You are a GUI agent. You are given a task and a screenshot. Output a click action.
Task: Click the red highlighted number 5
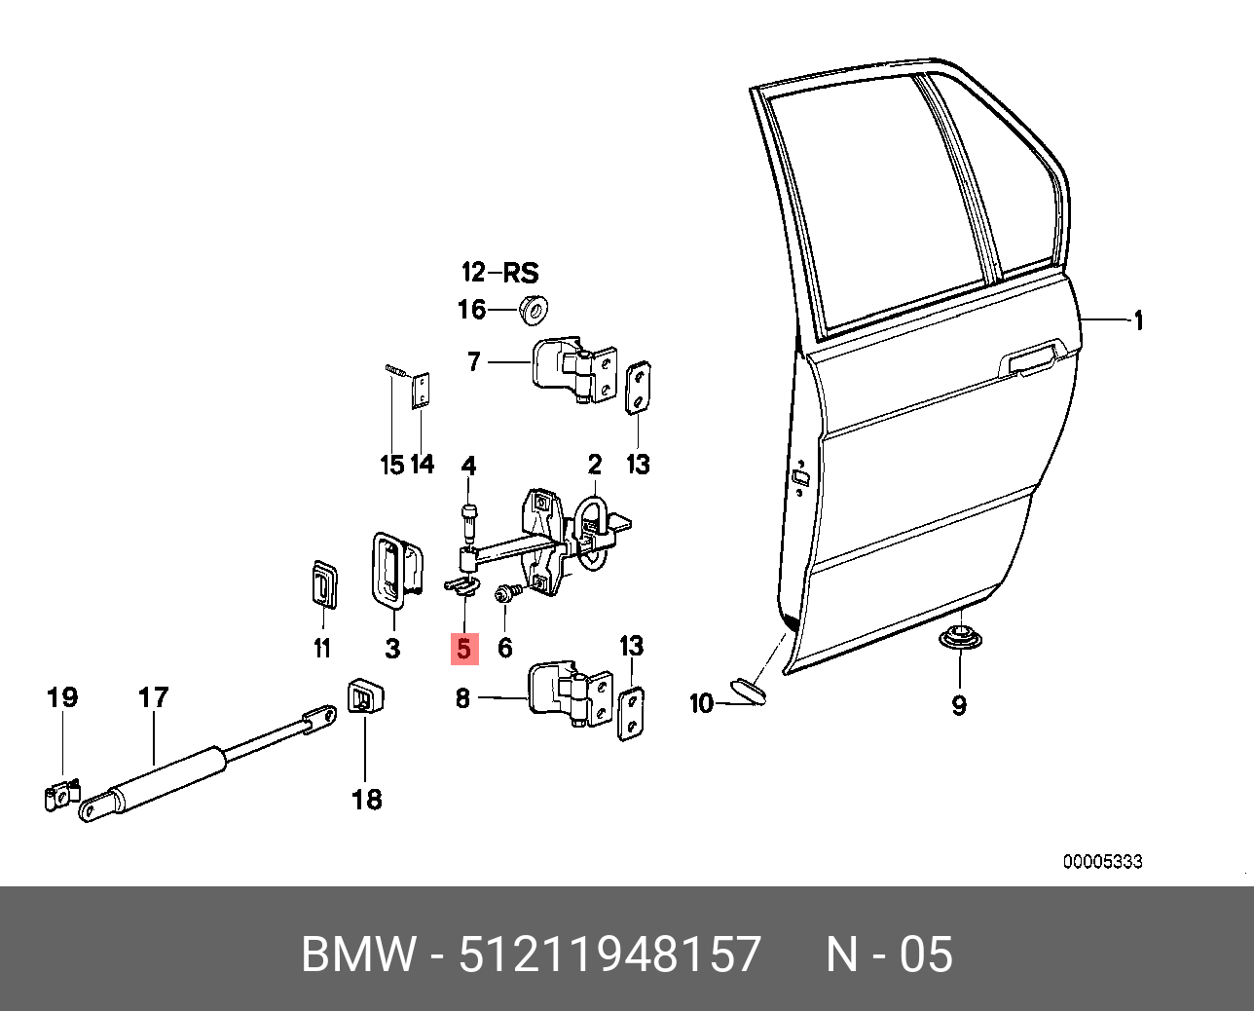pyautogui.click(x=464, y=648)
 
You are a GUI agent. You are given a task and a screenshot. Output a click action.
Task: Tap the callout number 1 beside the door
pyautogui.click(x=1136, y=320)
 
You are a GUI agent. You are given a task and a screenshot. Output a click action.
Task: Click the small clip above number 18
pyautogui.click(x=365, y=697)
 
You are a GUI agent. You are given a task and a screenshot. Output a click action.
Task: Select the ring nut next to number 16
pyautogui.click(x=533, y=307)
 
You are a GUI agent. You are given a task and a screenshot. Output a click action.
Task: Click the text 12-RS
pyautogui.click(x=499, y=272)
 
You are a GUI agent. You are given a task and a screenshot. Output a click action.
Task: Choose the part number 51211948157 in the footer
pyautogui.click(x=609, y=955)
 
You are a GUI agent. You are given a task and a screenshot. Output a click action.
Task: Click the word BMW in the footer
pyautogui.click(x=358, y=955)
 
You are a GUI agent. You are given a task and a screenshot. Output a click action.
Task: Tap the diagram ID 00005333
pyautogui.click(x=1102, y=862)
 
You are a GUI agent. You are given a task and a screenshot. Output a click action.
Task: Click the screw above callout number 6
pyautogui.click(x=507, y=590)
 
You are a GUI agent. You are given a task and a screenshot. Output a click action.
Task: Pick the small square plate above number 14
pyautogui.click(x=422, y=391)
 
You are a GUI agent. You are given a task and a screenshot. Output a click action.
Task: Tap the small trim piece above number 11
pyautogui.click(x=322, y=583)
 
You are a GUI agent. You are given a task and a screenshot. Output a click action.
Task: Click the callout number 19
pyautogui.click(x=62, y=697)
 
